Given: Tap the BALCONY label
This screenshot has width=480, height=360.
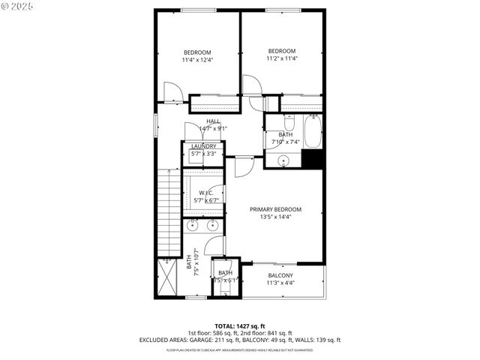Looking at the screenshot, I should click(x=281, y=274).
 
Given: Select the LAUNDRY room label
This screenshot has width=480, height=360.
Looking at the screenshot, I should click(x=203, y=146).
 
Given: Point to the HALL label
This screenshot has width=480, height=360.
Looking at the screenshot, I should click(x=214, y=121).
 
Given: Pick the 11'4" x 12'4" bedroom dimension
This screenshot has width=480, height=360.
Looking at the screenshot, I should click(x=197, y=60).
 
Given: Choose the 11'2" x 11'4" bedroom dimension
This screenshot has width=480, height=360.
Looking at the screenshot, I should click(x=281, y=58).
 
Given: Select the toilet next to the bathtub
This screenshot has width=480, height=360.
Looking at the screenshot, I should click(x=291, y=121).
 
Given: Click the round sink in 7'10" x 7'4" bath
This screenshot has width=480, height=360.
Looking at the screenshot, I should click(x=284, y=160).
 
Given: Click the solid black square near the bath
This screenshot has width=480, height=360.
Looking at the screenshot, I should click(x=313, y=160).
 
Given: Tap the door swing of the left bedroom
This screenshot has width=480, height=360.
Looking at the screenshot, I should click(x=173, y=93).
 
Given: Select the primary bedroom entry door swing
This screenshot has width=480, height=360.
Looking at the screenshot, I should click(x=244, y=166).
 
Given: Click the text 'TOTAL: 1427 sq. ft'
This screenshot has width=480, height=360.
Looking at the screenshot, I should click(x=239, y=326).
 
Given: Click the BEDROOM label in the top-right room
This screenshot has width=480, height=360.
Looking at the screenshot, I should click(x=281, y=51).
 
